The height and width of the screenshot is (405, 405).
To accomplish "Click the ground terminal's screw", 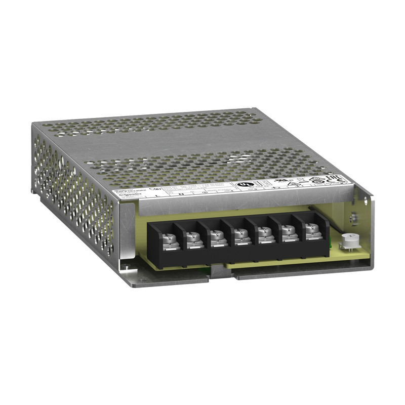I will point(217,235).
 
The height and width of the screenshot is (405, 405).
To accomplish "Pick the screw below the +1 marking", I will point(287,232).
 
